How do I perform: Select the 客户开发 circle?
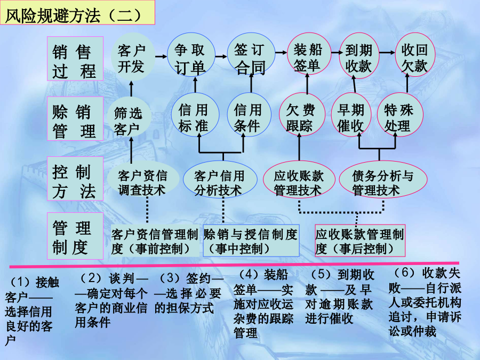click(x=132, y=57)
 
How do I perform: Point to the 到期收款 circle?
click(x=359, y=55)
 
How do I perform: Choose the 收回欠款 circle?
click(x=415, y=55)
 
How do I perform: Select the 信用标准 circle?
click(x=195, y=115)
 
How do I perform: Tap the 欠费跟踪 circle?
click(x=301, y=115)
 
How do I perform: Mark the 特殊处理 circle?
click(x=399, y=115)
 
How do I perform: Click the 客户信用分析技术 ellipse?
click(x=220, y=179)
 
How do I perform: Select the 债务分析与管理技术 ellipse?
click(x=383, y=180)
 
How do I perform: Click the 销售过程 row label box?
click(x=75, y=59)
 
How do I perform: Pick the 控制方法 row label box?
click(x=75, y=179)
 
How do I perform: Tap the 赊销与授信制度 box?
click(x=251, y=241)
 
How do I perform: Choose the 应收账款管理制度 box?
click(x=360, y=241)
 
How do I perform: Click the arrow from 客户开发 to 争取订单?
click(x=161, y=57)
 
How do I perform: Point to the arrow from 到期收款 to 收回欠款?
click(x=387, y=53)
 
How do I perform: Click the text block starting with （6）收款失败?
click(x=425, y=302)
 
